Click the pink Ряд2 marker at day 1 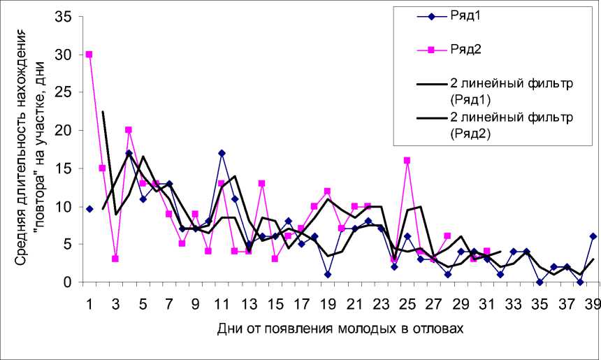coord(89,55)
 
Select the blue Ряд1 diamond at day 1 coord(89,209)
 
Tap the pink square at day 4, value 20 coord(129,130)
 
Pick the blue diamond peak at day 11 coord(222,153)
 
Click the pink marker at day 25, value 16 coord(407,161)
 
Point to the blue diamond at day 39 coord(593,236)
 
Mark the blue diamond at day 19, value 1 coord(328,275)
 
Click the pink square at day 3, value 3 coord(115,259)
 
